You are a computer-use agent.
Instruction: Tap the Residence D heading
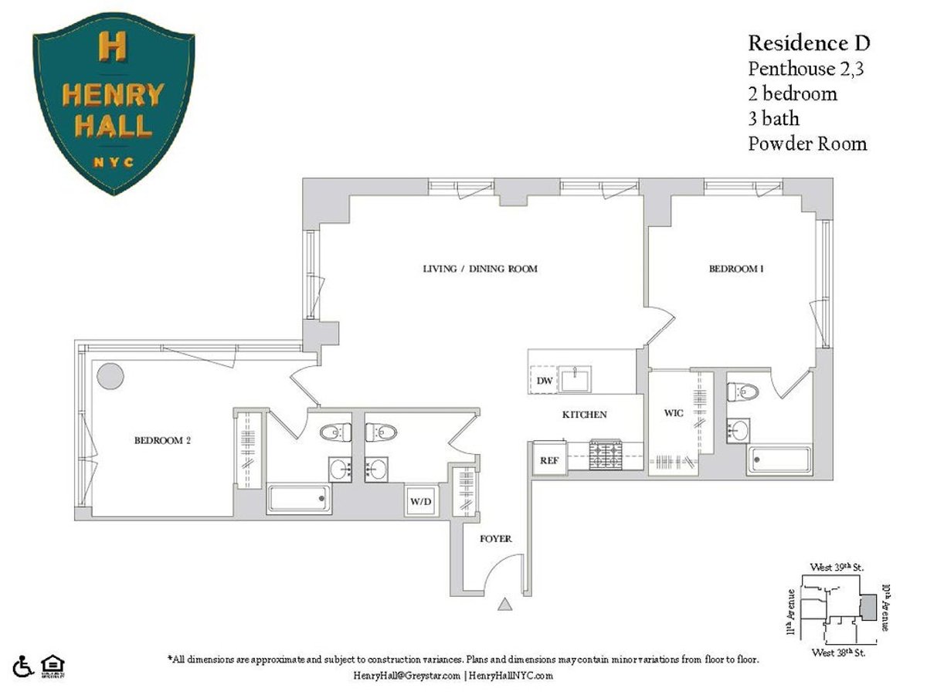[809, 43]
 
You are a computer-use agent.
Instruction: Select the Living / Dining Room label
[480, 269]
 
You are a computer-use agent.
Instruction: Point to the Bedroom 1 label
[736, 269]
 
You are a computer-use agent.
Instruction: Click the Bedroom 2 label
[162, 441]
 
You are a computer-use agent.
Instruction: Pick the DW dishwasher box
[544, 381]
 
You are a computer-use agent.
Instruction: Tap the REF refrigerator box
[548, 460]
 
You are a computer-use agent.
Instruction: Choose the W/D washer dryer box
[420, 502]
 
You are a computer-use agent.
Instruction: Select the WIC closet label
[674, 413]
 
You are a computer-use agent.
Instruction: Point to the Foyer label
[495, 538]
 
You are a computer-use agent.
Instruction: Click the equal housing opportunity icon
[51, 664]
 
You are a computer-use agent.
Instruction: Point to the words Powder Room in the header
[807, 144]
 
